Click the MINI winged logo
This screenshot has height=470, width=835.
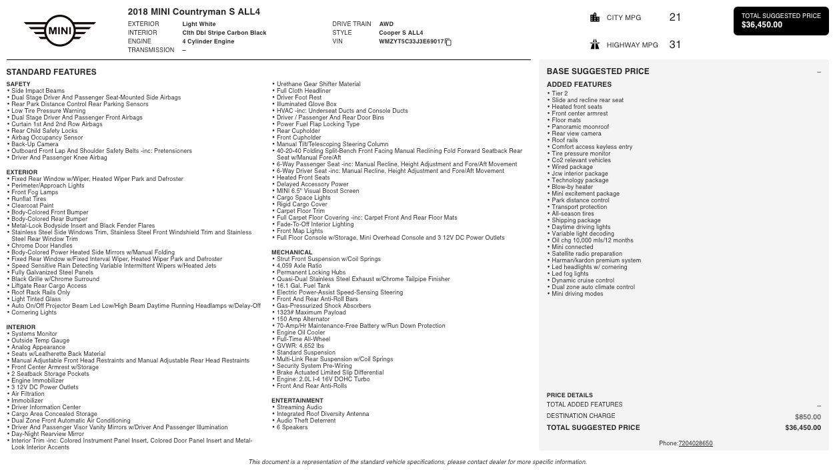tap(60, 31)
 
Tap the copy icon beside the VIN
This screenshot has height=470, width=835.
tap(448, 42)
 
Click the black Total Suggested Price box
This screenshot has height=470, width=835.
tap(781, 21)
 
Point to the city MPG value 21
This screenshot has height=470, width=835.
tap(675, 17)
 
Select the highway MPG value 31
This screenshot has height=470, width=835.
tap(675, 45)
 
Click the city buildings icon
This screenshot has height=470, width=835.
tap(595, 17)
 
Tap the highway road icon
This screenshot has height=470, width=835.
tap(595, 45)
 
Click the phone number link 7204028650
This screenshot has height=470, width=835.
tap(695, 443)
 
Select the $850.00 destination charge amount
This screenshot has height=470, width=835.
tap(808, 417)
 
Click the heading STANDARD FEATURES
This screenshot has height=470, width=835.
tap(51, 72)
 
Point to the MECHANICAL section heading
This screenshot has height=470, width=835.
tap(292, 252)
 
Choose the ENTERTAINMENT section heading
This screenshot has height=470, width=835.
tap(297, 401)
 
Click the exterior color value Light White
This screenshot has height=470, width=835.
tap(199, 24)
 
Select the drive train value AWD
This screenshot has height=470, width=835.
tap(386, 24)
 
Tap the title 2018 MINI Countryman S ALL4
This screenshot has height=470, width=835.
tap(194, 12)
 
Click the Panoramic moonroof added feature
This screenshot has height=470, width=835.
tap(580, 127)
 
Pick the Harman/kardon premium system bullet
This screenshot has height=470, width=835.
tap(596, 260)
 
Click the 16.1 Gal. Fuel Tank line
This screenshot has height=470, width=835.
tap(303, 286)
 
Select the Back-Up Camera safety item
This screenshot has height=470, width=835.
tap(35, 144)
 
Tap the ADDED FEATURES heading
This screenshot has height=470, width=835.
tap(579, 85)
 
